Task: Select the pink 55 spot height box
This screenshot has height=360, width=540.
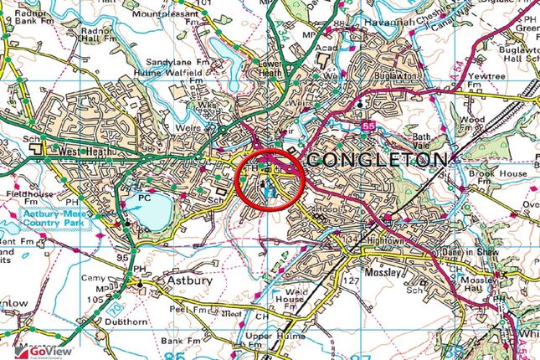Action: tap(369, 125)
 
